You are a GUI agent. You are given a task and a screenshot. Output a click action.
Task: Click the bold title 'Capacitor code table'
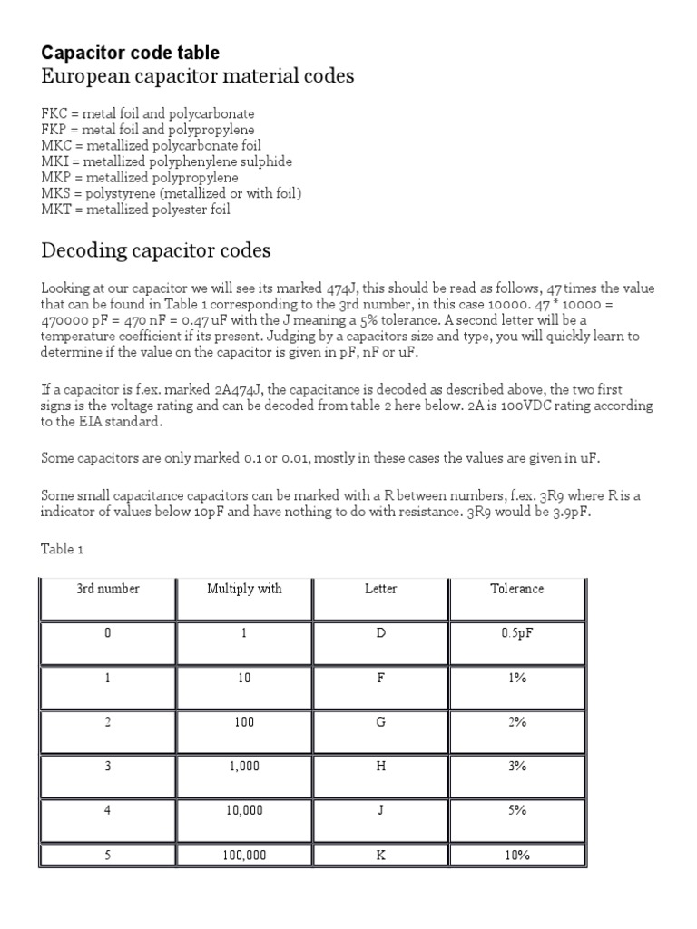(130, 53)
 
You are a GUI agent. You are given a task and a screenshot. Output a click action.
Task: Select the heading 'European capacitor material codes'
(197, 77)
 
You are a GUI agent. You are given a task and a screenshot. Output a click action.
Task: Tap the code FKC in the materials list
(54, 113)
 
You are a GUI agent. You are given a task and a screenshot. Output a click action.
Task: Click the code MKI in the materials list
(54, 161)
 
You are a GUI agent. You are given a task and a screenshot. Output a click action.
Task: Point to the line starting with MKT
(135, 210)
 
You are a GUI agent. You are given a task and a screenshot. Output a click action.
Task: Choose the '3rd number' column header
(108, 589)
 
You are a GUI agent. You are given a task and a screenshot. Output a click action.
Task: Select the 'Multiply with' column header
(244, 589)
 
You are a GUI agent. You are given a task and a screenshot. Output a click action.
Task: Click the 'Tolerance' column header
(517, 589)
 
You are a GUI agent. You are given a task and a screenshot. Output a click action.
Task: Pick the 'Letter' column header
(380, 589)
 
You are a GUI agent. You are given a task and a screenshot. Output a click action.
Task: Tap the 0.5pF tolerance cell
(517, 633)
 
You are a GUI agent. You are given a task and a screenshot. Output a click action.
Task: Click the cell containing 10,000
(244, 810)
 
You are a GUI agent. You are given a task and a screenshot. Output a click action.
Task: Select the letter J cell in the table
(380, 810)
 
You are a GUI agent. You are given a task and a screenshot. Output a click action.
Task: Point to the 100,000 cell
(244, 855)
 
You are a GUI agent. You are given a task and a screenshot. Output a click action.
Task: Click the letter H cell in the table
(380, 766)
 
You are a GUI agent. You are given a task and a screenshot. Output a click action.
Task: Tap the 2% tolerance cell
(517, 722)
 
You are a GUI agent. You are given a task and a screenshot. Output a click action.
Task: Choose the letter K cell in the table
(380, 855)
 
